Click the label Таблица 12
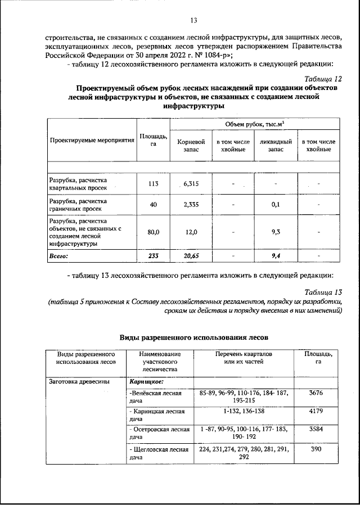point(322,78)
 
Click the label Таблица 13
point(322,292)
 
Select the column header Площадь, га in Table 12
point(153,139)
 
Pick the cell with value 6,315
point(191,184)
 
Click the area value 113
point(153,184)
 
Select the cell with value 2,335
point(191,205)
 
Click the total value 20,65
point(191,256)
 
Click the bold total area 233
point(153,256)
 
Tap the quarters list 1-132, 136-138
point(244,411)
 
